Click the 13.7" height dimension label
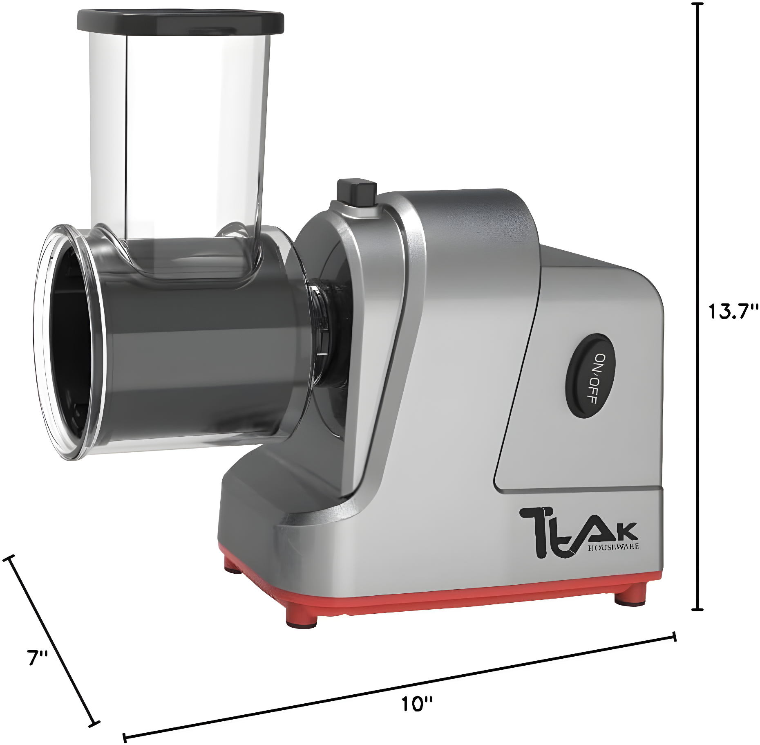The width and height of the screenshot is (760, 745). [733, 312]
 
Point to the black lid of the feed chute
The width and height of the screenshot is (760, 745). [180, 22]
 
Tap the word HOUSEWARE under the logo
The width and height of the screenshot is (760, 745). [613, 547]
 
